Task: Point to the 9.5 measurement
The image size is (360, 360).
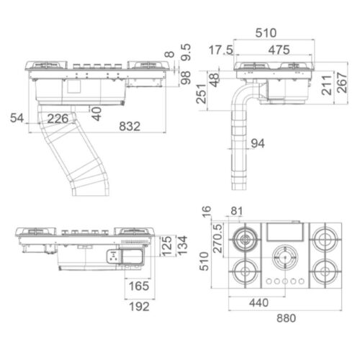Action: tap(186, 53)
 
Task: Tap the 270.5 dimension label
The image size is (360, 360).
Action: tap(216, 238)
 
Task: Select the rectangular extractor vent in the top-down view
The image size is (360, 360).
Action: tap(285, 231)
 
